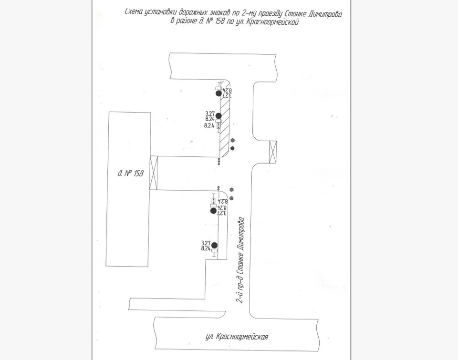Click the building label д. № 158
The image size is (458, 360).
click(x=130, y=174)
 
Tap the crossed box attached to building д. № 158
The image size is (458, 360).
click(x=154, y=173)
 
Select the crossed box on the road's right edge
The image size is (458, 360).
click(x=273, y=152)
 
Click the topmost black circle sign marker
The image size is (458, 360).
click(x=219, y=93)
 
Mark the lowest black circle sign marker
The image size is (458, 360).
click(x=214, y=246)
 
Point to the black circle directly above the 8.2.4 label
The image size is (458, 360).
click(x=219, y=116)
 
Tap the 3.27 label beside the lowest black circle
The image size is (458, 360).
click(x=206, y=243)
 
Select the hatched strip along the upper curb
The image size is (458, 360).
click(x=224, y=126)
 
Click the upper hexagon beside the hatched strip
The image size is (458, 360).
click(x=232, y=141)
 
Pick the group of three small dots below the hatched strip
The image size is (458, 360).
click(x=219, y=161)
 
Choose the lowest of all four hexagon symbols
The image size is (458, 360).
click(x=231, y=198)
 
